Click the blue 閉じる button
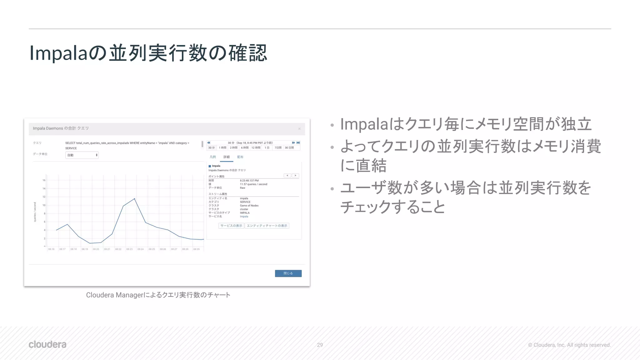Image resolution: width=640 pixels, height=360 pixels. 288,273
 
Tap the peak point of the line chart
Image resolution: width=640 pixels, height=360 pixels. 134,199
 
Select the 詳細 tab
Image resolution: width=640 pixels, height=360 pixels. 227,157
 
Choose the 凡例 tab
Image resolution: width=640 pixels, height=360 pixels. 213,157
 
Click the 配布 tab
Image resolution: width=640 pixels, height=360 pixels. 240,157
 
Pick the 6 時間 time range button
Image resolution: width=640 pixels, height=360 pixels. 245,148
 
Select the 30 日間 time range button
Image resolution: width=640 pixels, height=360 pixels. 289,148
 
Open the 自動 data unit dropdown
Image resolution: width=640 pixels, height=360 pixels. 82,155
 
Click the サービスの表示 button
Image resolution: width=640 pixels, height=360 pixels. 231,226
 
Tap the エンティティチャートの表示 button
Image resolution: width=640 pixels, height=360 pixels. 267,226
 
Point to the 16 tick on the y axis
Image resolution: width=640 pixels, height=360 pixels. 44,180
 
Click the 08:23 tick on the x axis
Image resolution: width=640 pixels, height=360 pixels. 129,249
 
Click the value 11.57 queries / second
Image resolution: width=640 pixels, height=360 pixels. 253,184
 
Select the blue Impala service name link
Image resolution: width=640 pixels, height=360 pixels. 244,217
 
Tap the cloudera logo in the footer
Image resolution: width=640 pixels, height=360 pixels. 47,344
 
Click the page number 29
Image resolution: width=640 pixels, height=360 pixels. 320,345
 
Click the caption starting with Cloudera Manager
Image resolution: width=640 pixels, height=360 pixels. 158,295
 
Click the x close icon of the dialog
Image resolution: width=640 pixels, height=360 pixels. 299,129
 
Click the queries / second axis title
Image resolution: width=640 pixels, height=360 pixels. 35,212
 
